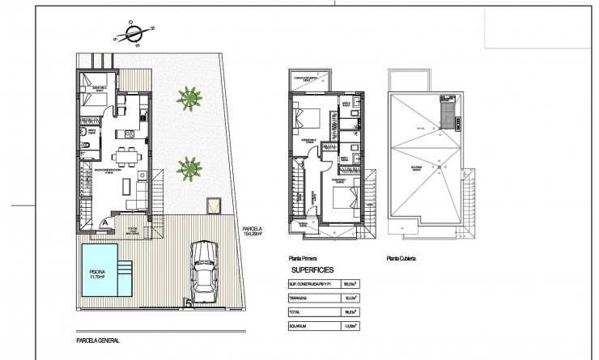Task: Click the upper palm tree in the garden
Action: pyautogui.click(x=189, y=99)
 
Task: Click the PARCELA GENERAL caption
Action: pyautogui.click(x=96, y=340)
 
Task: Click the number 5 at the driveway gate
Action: pyautogui.click(x=189, y=304)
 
